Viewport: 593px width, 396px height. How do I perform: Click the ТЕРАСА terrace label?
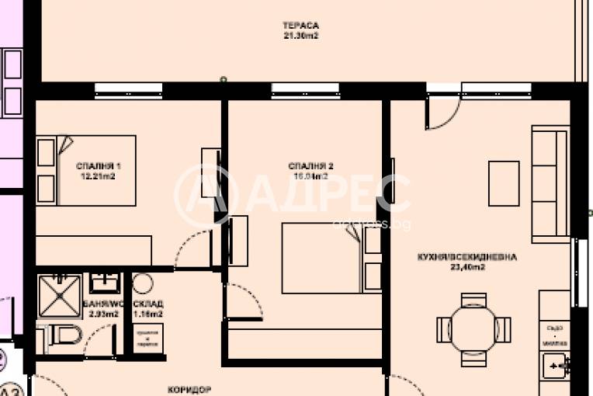click(302, 25)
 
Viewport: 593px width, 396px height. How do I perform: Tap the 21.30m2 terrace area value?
click(302, 35)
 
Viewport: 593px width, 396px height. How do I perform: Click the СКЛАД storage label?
click(147, 304)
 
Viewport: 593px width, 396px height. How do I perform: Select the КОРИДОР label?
click(190, 390)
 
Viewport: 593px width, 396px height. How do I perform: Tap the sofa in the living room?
click(551, 185)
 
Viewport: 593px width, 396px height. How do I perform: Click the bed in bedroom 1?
click(86, 170)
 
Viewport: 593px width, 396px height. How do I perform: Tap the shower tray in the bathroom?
click(60, 296)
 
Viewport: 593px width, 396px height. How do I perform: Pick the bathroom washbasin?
click(102, 281)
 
